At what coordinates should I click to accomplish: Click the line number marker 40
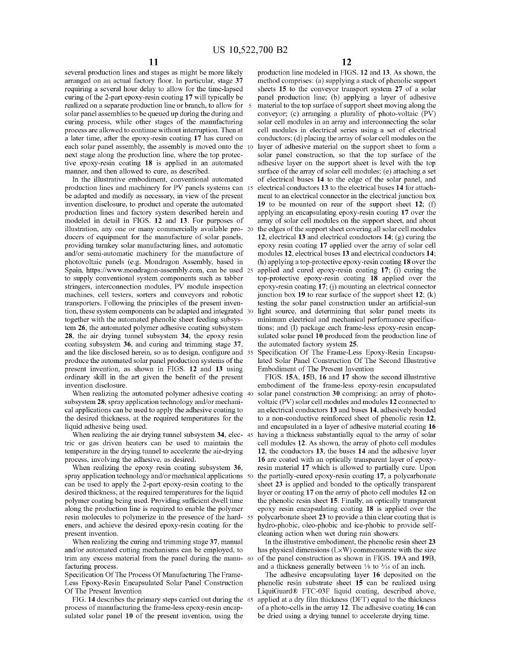(250, 393)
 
